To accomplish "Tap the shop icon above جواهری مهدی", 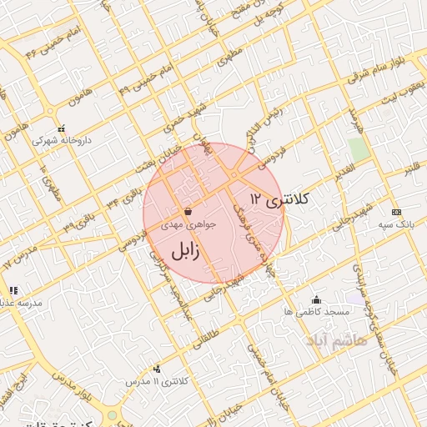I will tap(187, 212).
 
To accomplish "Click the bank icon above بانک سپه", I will tap(395, 212).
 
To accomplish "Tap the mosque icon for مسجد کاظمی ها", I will tap(315, 300).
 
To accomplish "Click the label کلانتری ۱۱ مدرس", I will tap(156, 381).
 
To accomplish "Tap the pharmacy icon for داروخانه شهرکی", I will tap(50, 126).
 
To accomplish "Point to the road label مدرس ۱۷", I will tap(21, 255).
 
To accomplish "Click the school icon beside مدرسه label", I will tap(13, 291).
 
